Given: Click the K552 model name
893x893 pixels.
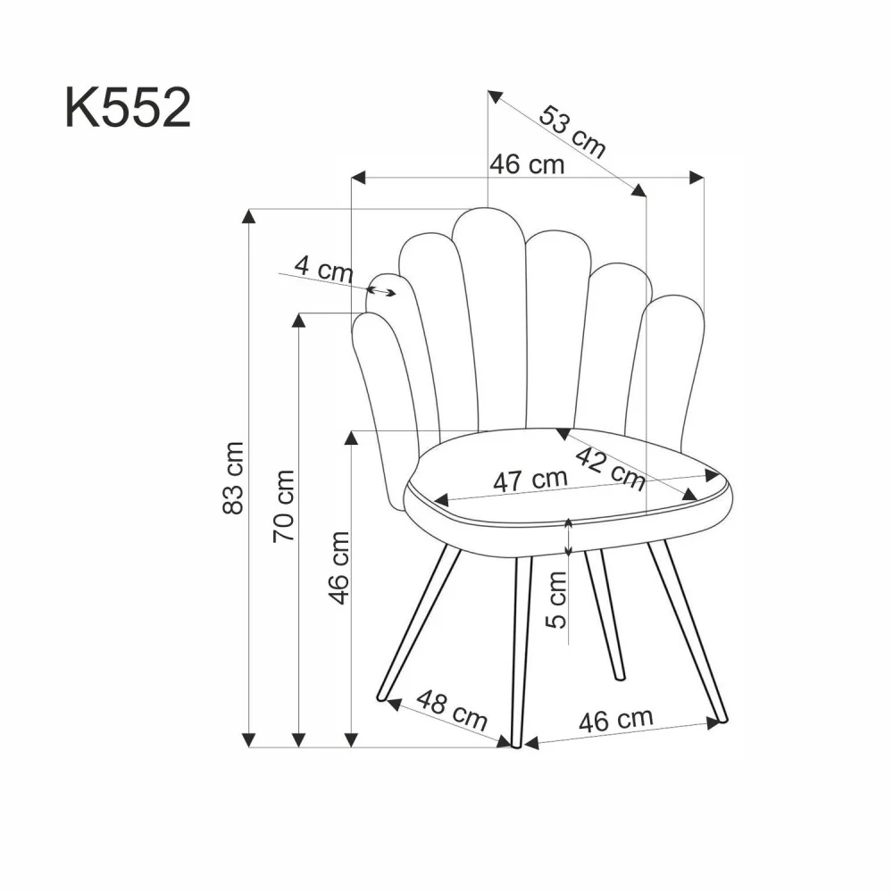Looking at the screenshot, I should tap(127, 109).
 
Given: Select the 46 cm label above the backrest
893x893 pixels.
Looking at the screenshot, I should tap(527, 164).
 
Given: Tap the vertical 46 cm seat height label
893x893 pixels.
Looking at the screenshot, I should tap(338, 567).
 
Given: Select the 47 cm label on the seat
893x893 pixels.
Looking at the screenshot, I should tap(530, 480).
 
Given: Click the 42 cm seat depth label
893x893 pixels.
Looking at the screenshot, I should tap(610, 469).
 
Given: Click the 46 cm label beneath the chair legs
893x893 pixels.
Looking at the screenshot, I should tap(615, 720).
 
